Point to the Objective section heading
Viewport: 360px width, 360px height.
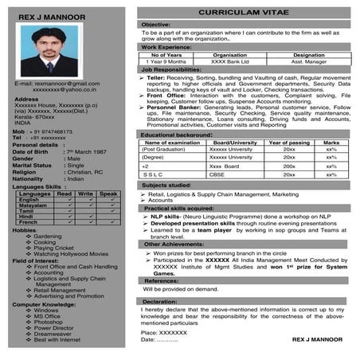(156, 25)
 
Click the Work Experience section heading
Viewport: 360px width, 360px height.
(166, 47)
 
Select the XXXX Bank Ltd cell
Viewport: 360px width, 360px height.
(230, 61)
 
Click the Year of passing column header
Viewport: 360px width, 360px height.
(289, 142)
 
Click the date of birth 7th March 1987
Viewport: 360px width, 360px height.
(89, 151)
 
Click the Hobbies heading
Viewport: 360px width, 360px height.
(25, 229)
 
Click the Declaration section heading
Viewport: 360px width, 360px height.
(159, 302)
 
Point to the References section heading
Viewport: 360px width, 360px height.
(160, 280)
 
